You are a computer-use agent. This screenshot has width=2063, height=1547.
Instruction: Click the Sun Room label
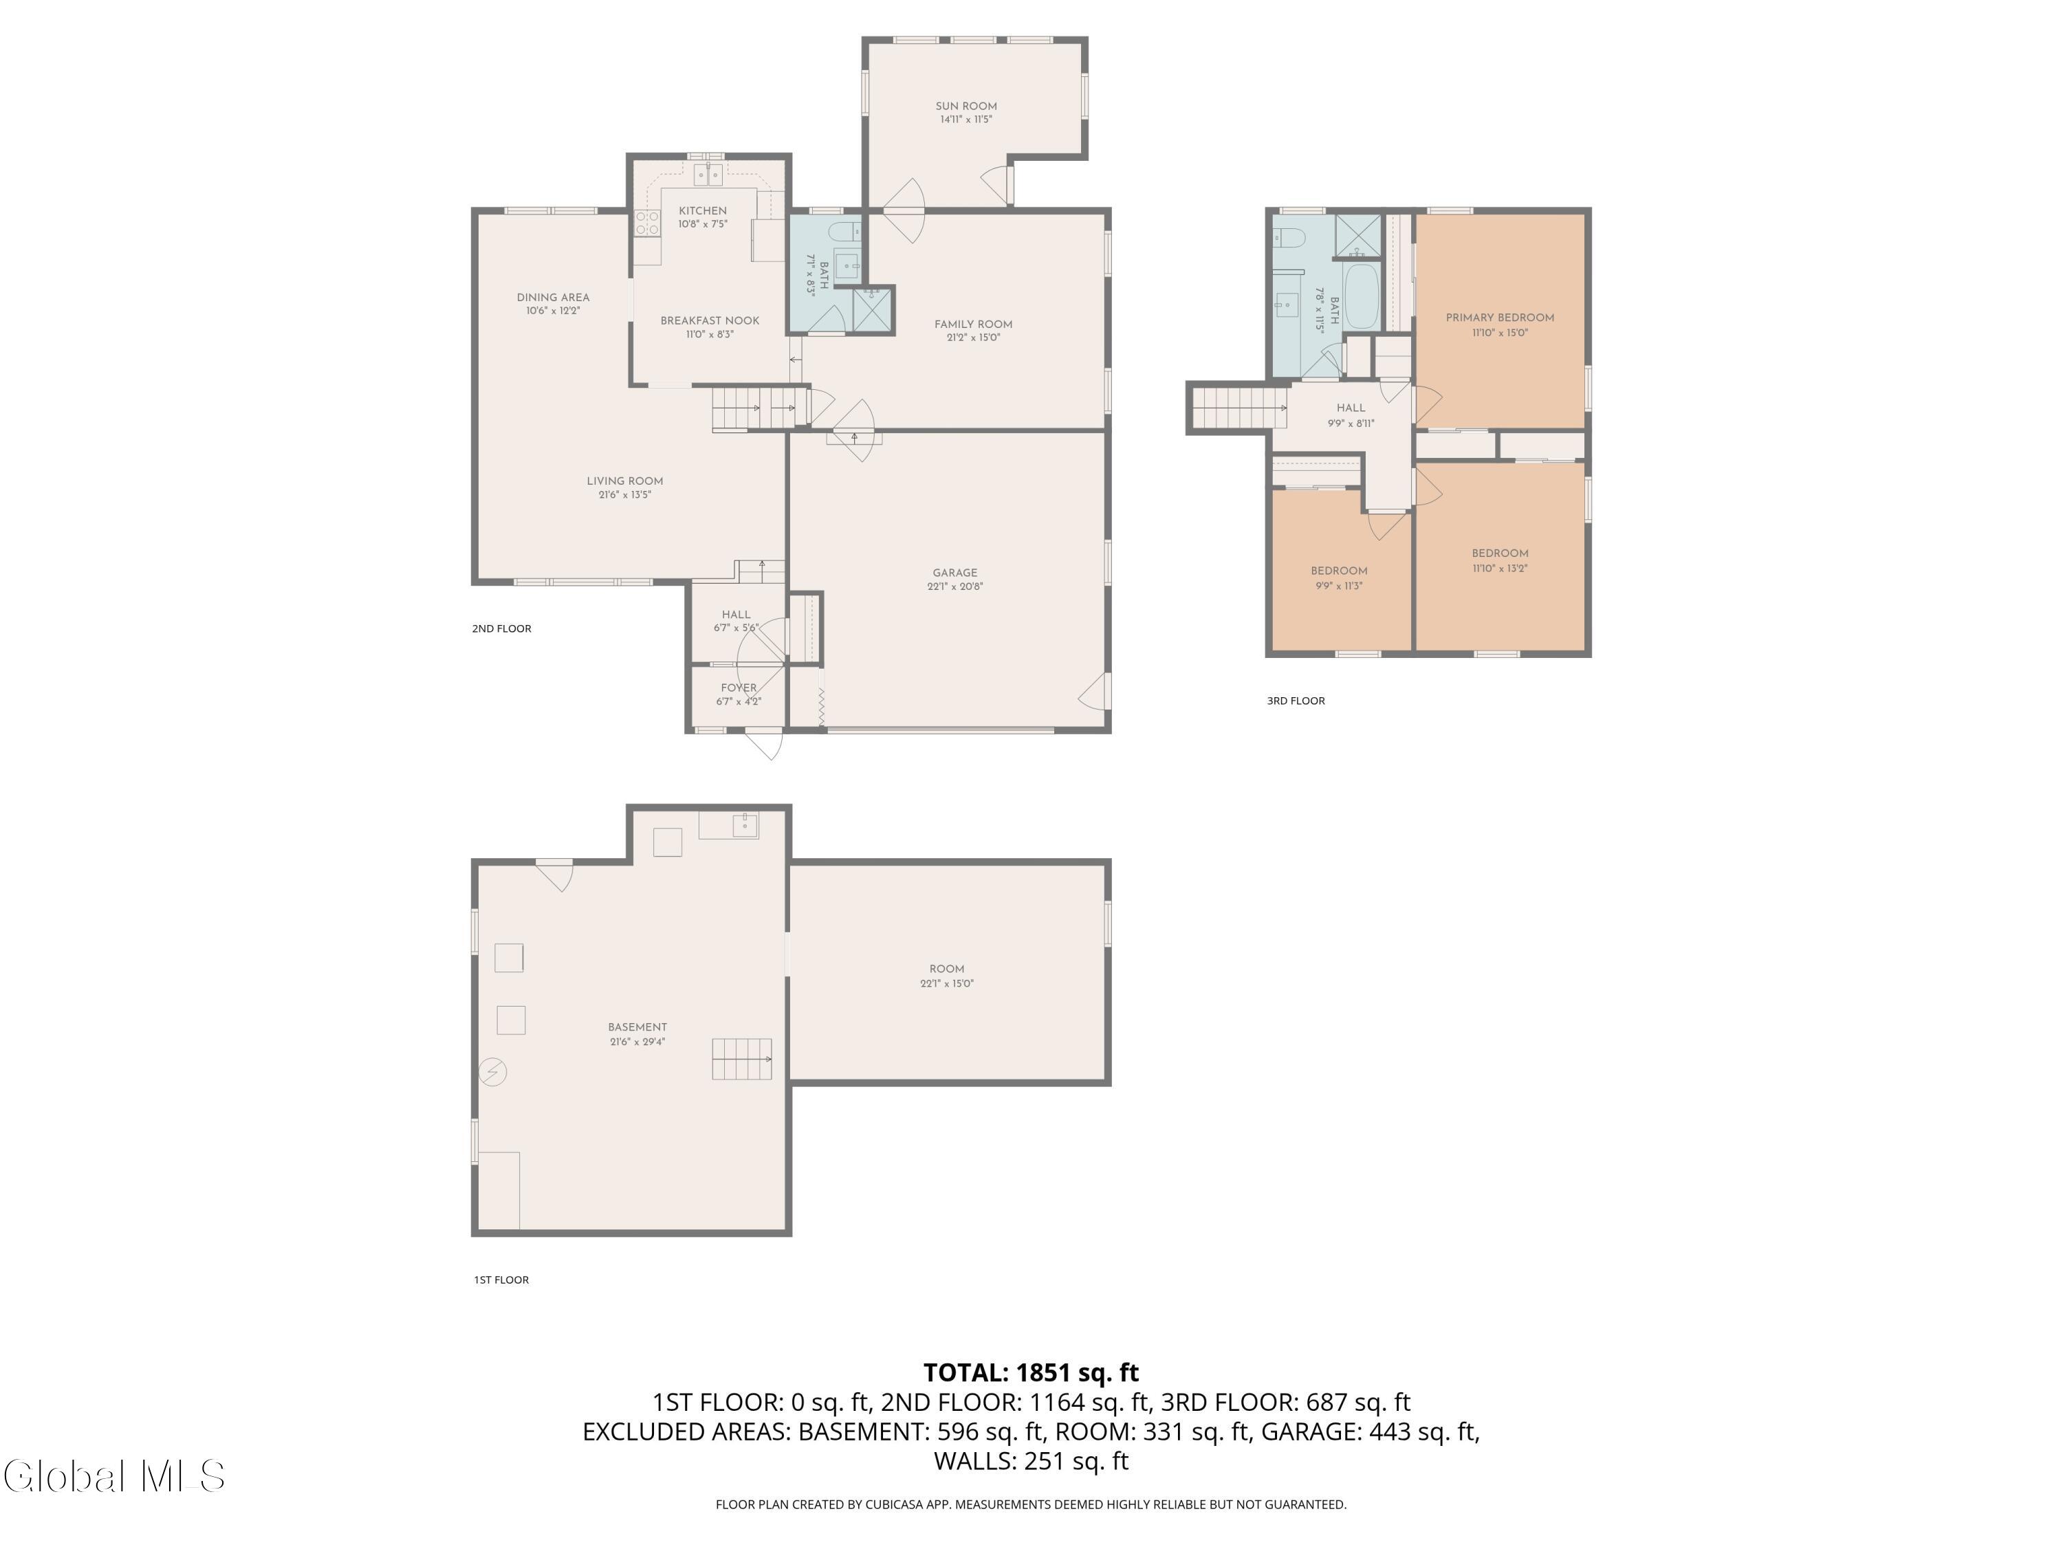[966, 107]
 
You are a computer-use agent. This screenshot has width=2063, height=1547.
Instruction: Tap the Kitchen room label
[702, 211]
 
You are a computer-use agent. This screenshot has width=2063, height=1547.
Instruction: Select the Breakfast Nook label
[710, 321]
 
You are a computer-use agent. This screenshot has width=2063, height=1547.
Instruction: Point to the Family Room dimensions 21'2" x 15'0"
[973, 338]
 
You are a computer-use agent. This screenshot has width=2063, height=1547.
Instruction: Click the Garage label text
[955, 573]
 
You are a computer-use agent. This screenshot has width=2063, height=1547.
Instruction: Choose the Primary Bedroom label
[1500, 318]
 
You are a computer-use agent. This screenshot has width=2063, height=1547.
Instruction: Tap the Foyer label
[739, 688]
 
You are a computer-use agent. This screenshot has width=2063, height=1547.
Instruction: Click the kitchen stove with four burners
[647, 222]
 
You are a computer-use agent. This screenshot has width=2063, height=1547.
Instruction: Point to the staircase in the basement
[743, 1060]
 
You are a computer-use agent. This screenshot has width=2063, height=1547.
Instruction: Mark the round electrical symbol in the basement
[492, 1073]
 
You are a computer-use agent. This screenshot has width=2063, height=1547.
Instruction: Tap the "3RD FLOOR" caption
[1296, 701]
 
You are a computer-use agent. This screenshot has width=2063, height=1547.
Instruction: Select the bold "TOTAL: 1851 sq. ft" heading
[1031, 1372]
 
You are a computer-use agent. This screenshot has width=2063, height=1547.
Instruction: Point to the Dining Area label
[553, 298]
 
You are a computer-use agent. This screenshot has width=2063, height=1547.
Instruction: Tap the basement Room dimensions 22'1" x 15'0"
[947, 983]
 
